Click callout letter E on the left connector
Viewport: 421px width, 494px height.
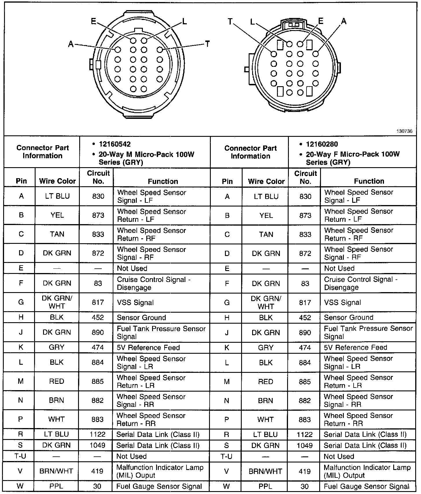(x=93, y=21)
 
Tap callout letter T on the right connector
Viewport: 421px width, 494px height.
(x=230, y=21)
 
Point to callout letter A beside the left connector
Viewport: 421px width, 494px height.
(x=71, y=44)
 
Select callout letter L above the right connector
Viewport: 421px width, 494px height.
(x=252, y=22)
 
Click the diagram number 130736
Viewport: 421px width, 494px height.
(x=404, y=131)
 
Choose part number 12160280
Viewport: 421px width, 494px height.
(x=322, y=144)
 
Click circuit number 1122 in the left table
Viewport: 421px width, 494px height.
(x=98, y=434)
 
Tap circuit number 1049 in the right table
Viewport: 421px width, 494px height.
(x=305, y=445)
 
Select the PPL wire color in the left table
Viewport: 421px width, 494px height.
(x=57, y=486)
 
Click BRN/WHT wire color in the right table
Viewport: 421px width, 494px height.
(x=265, y=471)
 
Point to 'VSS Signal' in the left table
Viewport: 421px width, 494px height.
(x=135, y=303)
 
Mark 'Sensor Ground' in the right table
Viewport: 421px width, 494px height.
(x=348, y=317)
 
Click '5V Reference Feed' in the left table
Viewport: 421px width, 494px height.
(x=148, y=347)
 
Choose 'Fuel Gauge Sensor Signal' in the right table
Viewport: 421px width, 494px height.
(x=367, y=486)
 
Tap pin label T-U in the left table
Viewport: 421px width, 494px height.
(x=20, y=456)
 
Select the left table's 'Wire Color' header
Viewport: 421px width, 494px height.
(x=57, y=181)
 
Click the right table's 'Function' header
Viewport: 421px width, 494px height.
(x=369, y=181)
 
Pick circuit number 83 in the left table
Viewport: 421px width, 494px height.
(x=98, y=283)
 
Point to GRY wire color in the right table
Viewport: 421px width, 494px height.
(x=265, y=347)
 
